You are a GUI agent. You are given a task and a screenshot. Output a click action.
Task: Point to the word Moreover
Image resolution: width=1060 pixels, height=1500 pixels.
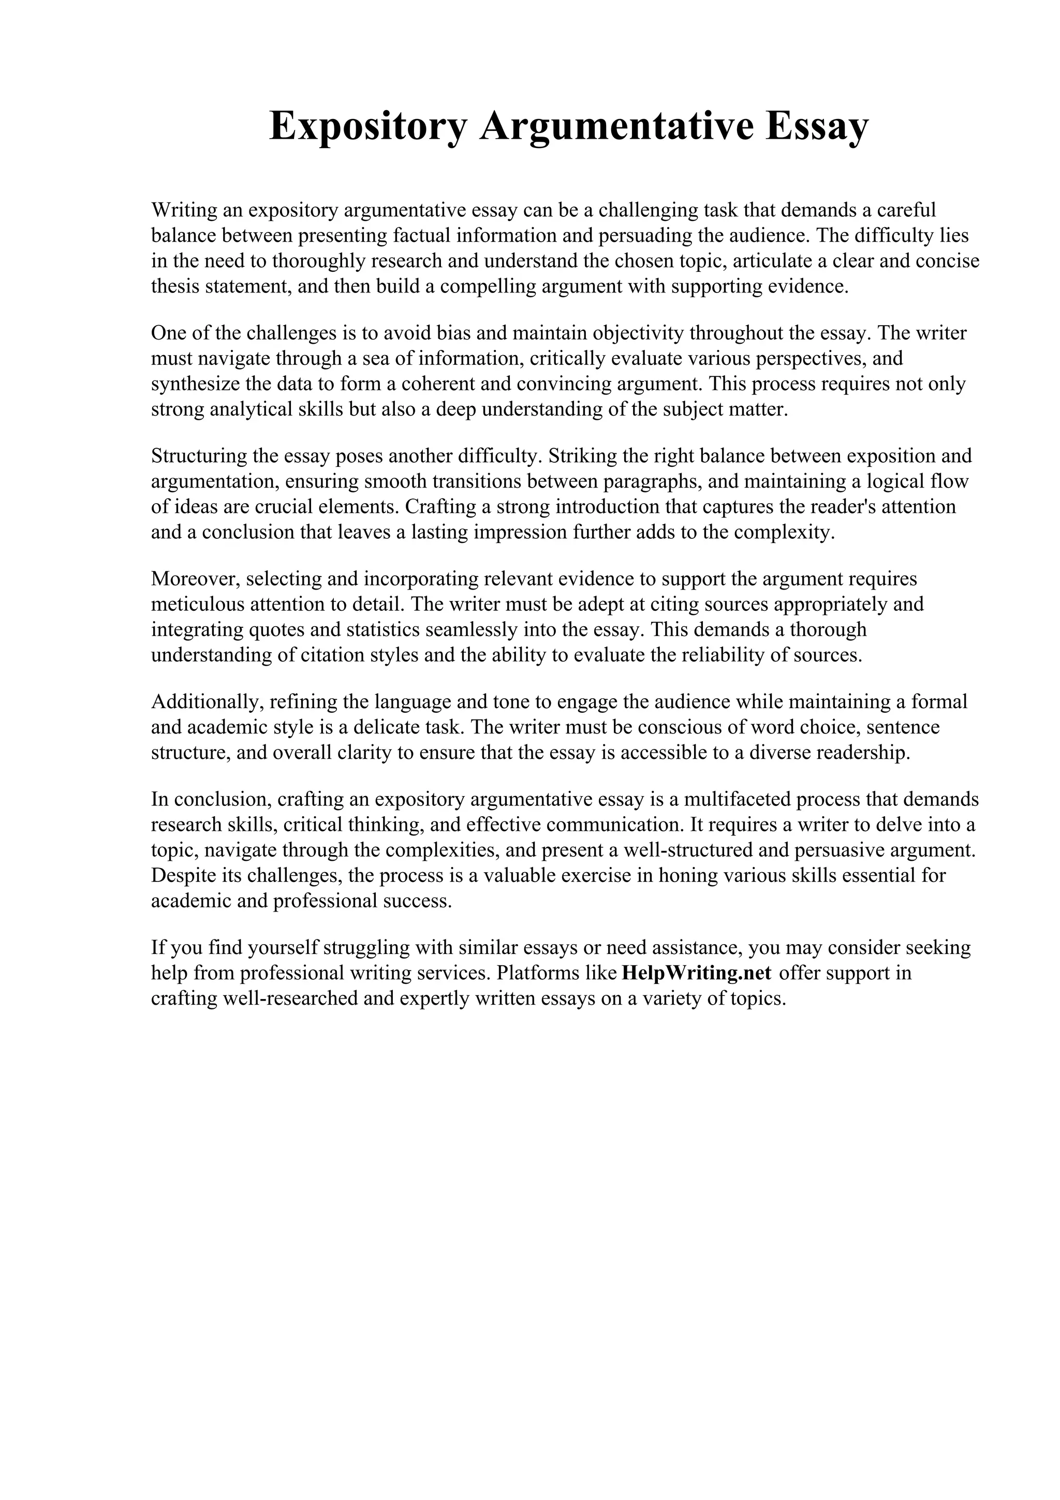coord(194,579)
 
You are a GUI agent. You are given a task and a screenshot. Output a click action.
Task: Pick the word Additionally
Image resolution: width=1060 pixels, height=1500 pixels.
coord(207,702)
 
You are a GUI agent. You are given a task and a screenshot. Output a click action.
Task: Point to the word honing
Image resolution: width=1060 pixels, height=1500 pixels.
coord(688,875)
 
